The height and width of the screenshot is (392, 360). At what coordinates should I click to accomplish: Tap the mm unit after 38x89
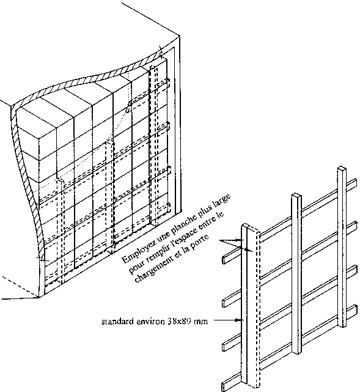201,322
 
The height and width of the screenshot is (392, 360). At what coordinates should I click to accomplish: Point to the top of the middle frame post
296,196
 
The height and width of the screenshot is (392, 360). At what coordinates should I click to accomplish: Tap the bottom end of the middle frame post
296,352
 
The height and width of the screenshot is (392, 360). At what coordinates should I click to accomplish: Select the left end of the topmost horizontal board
224,260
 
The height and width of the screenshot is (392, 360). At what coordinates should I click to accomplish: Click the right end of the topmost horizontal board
355,182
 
